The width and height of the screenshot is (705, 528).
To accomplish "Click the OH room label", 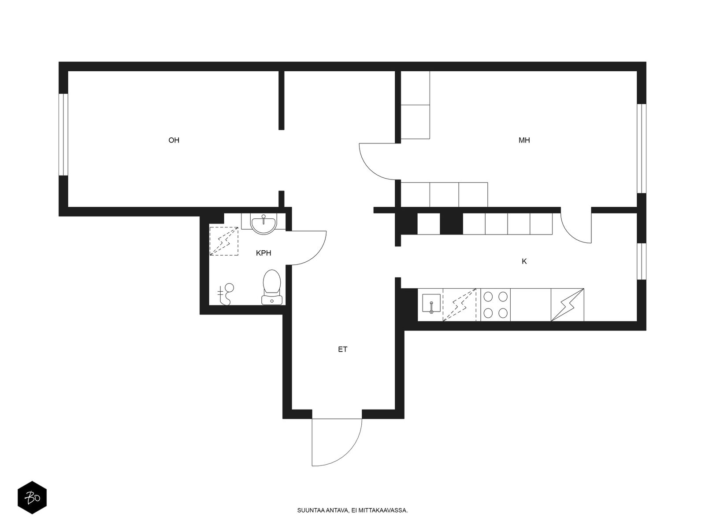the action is (174, 140).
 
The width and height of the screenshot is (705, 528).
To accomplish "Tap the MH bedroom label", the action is (524, 140).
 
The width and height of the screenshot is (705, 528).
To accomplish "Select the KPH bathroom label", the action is (263, 253).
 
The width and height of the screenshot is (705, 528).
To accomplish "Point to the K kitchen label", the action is (524, 261).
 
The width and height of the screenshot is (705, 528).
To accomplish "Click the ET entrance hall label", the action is (342, 349).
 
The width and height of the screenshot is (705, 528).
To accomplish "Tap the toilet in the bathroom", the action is (272, 287).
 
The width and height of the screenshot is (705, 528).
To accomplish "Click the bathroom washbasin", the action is (263, 224).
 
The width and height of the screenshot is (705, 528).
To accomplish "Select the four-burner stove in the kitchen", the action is (495, 304).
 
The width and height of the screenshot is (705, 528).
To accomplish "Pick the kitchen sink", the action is (431, 303).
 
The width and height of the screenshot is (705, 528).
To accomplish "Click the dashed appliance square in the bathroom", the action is (224, 241).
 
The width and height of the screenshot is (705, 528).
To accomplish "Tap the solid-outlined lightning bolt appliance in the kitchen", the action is (567, 304).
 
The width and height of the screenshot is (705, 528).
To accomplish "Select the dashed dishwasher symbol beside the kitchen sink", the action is (459, 304).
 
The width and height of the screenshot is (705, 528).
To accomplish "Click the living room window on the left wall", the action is (63, 135).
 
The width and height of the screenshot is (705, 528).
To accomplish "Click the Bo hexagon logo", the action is (32, 498).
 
